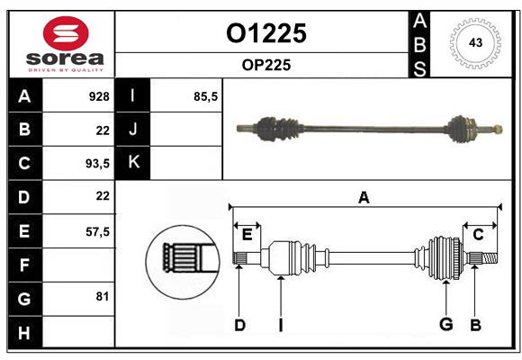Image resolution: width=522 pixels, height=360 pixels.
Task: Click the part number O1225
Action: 265,33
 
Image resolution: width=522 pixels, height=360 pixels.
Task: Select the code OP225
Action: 265,65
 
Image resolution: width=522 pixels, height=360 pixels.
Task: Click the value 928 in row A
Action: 98,96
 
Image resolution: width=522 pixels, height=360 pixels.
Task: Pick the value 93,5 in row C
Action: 96,164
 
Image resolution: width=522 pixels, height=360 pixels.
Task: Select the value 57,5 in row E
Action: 96,231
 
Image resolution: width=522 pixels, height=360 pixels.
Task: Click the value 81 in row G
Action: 102,296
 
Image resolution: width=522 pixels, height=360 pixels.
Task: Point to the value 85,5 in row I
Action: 206,96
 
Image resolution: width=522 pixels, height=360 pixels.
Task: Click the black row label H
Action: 23,332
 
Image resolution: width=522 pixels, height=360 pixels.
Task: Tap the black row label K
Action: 134,162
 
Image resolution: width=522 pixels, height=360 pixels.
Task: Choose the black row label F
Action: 23,265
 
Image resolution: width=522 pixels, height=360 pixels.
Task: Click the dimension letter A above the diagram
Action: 364,197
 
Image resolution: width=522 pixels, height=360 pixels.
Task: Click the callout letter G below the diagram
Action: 445,325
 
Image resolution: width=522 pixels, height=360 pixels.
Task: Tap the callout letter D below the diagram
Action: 239,325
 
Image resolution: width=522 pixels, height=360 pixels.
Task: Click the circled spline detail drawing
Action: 183,258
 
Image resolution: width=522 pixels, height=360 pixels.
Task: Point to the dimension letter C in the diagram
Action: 478,235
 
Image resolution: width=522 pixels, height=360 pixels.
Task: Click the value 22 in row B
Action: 102,130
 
